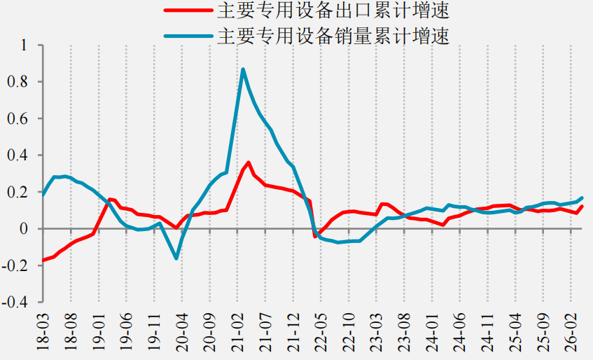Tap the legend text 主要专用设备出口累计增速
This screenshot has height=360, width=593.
tap(333, 11)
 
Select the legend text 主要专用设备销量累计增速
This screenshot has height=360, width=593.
tap(333, 36)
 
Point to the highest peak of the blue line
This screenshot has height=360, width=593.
tap(243, 69)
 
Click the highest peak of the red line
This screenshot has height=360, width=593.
tap(249, 162)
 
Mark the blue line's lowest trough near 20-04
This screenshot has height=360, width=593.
tap(176, 258)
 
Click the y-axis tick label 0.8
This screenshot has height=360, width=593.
tap(18, 82)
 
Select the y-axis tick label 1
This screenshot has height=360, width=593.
tap(25, 45)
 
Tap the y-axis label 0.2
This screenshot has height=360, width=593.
tap(18, 192)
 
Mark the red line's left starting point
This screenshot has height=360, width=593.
tap(43, 260)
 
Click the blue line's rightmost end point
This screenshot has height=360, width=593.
tap(582, 198)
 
